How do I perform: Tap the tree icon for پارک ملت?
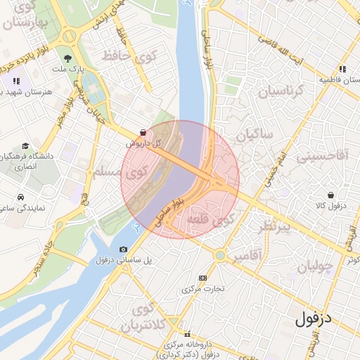tap(67, 59)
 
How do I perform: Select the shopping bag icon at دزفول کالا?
tap(330, 195)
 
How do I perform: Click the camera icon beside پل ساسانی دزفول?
tap(124, 249)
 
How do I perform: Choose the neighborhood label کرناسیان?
tap(281, 92)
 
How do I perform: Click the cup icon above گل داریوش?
tap(143, 131)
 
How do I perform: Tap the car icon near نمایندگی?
tap(22, 198)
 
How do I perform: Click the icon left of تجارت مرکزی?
tap(204, 278)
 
